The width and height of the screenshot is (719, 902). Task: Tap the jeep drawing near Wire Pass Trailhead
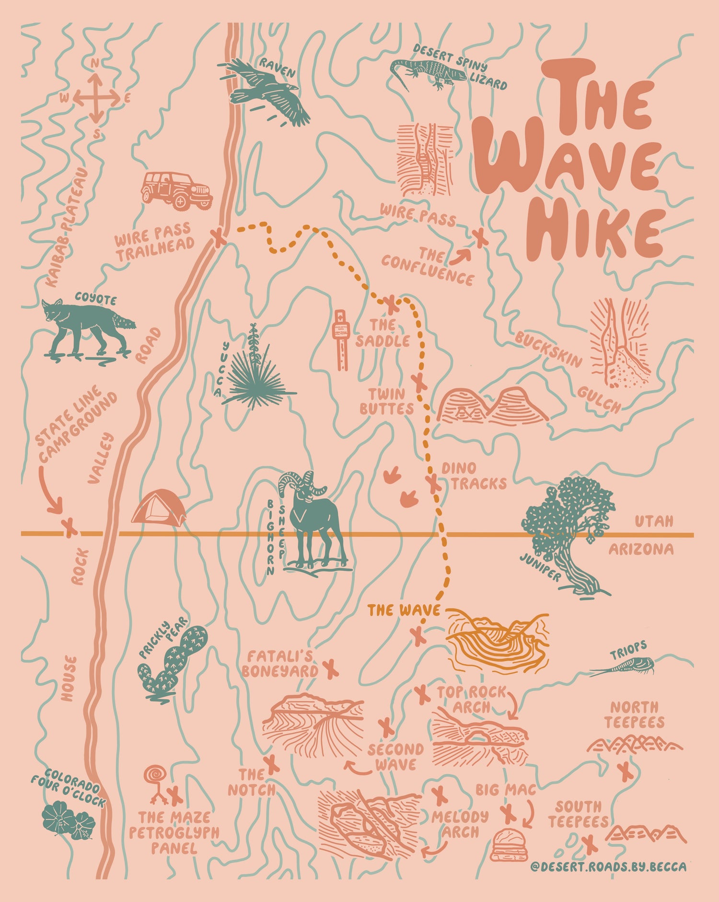point(176,190)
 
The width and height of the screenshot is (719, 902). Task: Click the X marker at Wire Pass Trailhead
point(219,237)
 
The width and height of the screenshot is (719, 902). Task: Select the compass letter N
point(95,63)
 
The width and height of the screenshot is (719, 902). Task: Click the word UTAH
point(654,521)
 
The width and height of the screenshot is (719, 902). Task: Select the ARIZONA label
point(641,550)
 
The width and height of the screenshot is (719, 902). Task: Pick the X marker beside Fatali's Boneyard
point(330,669)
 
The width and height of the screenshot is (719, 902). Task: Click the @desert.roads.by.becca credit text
point(608,867)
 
